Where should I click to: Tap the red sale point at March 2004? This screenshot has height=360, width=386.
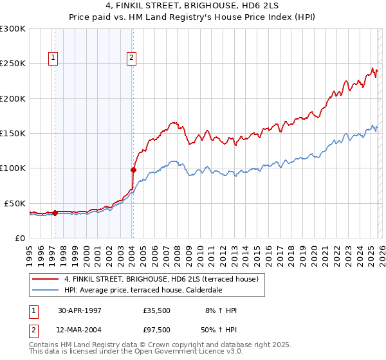click(133, 170)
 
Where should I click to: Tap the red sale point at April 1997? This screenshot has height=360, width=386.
click(55, 213)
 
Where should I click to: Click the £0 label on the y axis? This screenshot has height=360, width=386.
click(20, 238)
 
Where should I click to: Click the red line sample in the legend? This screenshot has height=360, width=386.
click(46, 279)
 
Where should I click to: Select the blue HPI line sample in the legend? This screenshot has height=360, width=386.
click(46, 290)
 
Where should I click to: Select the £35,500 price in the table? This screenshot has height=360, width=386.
click(157, 310)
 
